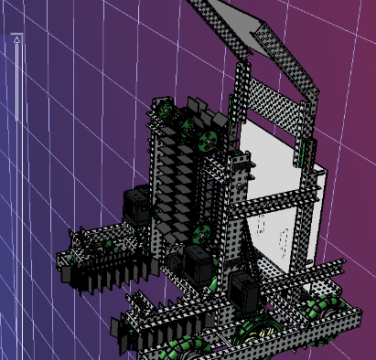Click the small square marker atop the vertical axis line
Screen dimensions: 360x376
point(16,37)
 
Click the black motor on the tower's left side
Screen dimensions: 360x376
point(137,205)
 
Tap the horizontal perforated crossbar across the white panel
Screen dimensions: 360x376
point(274,205)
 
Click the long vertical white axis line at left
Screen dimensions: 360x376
point(16,183)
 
